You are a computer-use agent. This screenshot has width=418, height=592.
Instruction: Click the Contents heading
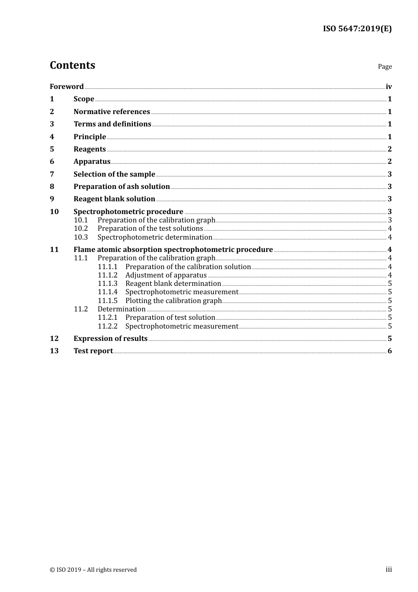72,65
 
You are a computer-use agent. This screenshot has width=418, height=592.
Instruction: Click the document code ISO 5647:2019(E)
357,29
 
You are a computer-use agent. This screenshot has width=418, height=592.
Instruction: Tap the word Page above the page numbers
385,67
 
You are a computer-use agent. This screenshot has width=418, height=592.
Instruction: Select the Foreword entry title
66,86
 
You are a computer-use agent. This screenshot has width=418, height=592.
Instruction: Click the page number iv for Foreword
389,86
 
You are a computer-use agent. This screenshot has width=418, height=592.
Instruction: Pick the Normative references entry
112,111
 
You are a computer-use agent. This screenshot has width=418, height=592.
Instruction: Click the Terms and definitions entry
112,124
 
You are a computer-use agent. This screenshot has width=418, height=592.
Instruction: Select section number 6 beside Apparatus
52,161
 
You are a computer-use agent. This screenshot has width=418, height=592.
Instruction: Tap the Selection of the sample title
114,174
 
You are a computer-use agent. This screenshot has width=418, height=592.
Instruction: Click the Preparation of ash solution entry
121,186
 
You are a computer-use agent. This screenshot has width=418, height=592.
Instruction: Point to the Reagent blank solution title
114,199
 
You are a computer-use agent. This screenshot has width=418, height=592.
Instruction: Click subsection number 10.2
81,228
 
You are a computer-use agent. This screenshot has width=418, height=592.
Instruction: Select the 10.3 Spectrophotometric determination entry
154,237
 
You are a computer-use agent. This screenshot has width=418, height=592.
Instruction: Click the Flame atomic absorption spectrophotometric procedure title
173,249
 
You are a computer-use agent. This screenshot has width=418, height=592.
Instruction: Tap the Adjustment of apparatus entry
166,275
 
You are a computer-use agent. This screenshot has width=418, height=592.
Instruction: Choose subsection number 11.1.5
107,300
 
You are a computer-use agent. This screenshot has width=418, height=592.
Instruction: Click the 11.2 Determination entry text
121,309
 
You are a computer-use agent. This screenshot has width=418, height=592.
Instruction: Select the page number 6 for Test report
389,351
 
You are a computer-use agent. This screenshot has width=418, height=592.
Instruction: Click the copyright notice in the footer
93,570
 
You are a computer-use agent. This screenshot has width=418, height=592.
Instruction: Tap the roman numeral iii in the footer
389,569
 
